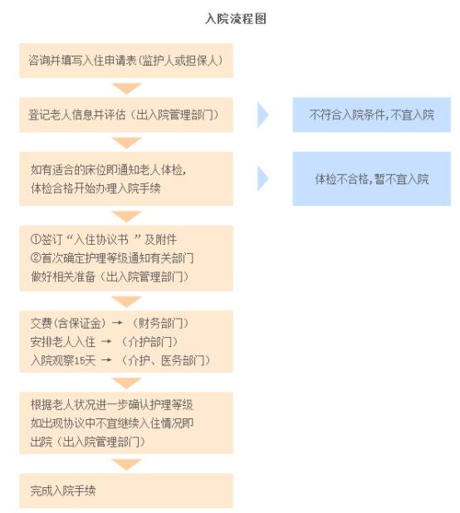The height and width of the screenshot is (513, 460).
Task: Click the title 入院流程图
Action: click(x=236, y=18)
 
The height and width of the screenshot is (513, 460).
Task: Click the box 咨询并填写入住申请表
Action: click(x=126, y=61)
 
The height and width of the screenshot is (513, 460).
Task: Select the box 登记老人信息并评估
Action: click(x=126, y=115)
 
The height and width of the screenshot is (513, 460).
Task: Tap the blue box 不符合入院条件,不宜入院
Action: click(x=372, y=115)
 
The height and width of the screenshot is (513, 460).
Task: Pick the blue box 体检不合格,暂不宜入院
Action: click(x=372, y=178)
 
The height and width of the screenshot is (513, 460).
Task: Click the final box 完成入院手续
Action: click(x=126, y=491)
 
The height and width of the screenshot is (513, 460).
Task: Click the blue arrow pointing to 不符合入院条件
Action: click(x=263, y=115)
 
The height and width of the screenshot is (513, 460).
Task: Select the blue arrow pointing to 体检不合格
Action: click(x=263, y=178)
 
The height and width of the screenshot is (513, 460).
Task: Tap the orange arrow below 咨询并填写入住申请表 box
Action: click(x=126, y=88)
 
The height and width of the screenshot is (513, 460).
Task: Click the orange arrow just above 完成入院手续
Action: click(x=126, y=464)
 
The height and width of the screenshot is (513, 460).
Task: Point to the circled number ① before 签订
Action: click(x=36, y=240)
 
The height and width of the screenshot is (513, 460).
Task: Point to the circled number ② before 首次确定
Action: click(x=36, y=258)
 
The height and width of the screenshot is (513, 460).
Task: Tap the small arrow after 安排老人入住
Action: click(x=106, y=342)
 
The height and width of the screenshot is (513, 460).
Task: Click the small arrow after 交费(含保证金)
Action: click(x=117, y=323)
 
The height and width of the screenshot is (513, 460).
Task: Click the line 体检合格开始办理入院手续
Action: click(x=95, y=188)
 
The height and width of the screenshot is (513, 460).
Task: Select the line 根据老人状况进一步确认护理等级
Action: click(x=111, y=405)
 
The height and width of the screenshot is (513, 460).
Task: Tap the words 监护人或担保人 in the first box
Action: click(x=179, y=61)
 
